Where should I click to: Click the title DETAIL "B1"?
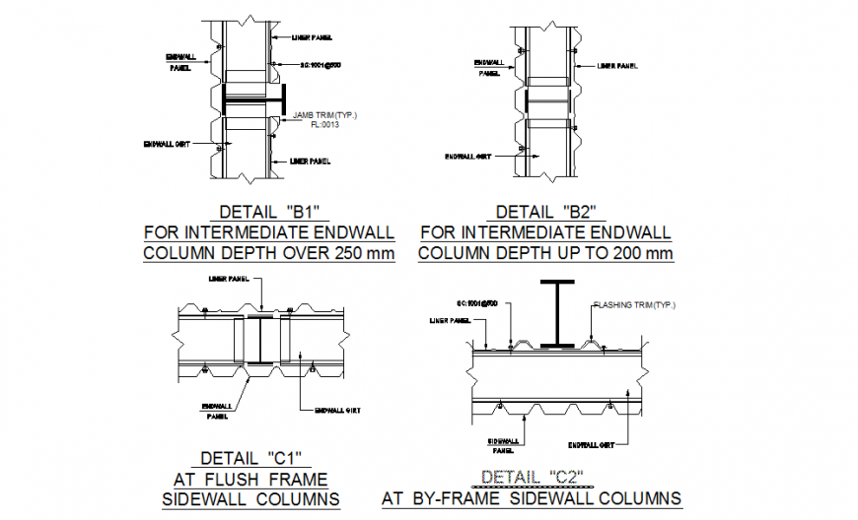(x=269, y=212)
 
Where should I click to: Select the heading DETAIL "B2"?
(x=545, y=212)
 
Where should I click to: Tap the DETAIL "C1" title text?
(x=250, y=458)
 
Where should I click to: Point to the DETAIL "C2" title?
(x=532, y=478)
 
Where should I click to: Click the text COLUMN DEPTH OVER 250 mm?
(x=269, y=253)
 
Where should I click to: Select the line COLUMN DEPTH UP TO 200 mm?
(x=545, y=253)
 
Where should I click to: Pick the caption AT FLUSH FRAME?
(x=250, y=479)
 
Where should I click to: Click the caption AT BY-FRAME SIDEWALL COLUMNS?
(x=532, y=498)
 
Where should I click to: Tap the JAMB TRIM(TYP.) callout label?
(x=325, y=116)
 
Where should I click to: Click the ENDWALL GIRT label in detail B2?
(x=467, y=156)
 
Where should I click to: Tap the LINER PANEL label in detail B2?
(x=619, y=66)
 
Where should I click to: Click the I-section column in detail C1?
(x=259, y=341)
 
